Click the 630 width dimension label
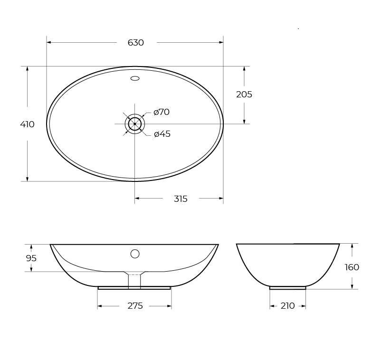(x=135, y=43)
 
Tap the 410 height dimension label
(x=27, y=124)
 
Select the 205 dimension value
(x=244, y=95)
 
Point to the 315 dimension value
(x=181, y=199)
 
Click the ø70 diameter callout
(x=162, y=112)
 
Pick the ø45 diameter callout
(x=162, y=134)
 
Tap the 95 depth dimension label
(x=31, y=258)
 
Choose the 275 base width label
(x=135, y=306)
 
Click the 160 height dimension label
(x=352, y=267)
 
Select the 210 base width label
(x=287, y=306)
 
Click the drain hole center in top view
(x=135, y=124)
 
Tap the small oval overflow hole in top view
(x=135, y=78)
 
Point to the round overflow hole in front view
(x=135, y=254)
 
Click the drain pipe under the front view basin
(x=134, y=281)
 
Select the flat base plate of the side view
(x=287, y=288)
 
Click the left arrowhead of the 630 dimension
(x=49, y=42)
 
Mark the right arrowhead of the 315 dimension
(x=221, y=199)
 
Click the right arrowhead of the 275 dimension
(x=169, y=306)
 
